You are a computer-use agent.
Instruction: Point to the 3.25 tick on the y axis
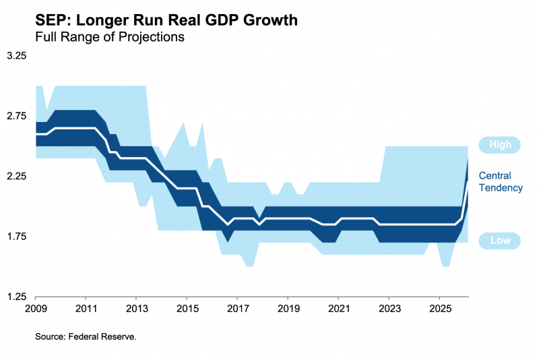[16, 56]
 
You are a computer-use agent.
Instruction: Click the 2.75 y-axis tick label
[16, 116]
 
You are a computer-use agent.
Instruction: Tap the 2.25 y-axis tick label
[16, 177]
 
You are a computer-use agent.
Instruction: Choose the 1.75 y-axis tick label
[16, 237]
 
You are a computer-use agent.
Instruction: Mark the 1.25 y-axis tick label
[16, 297]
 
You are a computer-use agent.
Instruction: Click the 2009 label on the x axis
[35, 309]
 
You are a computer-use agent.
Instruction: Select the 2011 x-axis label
[86, 309]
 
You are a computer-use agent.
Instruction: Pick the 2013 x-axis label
[136, 309]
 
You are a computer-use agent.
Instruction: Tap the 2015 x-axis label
[187, 309]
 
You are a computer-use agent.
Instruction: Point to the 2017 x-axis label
[237, 309]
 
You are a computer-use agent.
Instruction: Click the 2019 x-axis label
[288, 309]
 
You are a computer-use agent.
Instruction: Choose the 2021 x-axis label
[338, 309]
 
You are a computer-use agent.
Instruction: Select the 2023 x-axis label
[389, 309]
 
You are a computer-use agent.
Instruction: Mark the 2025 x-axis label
[439, 309]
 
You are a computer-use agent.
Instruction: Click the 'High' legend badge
[500, 144]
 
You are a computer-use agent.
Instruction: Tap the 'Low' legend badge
[500, 241]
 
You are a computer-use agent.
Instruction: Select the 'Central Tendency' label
[501, 182]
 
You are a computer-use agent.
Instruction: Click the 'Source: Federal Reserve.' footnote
[86, 336]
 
